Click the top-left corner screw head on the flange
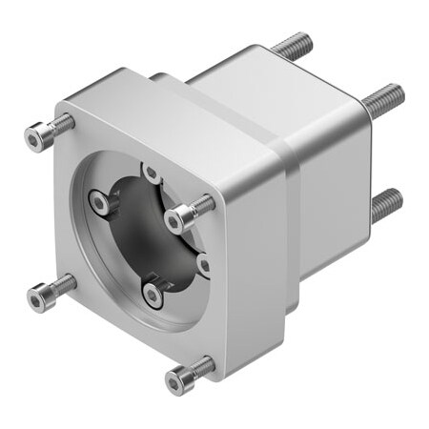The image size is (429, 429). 35,138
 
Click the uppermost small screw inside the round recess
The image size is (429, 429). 151,174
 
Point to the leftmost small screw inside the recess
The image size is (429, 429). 99,202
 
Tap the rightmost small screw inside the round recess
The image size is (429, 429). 203,264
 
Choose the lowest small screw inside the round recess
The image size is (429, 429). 153,294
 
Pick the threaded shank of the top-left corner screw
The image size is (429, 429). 61,123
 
